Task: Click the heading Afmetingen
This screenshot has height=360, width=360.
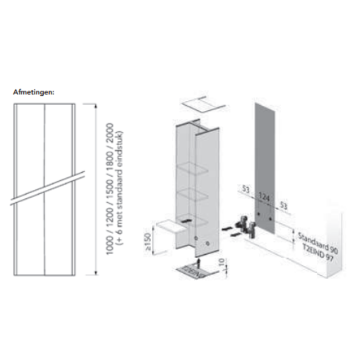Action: (34, 92)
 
